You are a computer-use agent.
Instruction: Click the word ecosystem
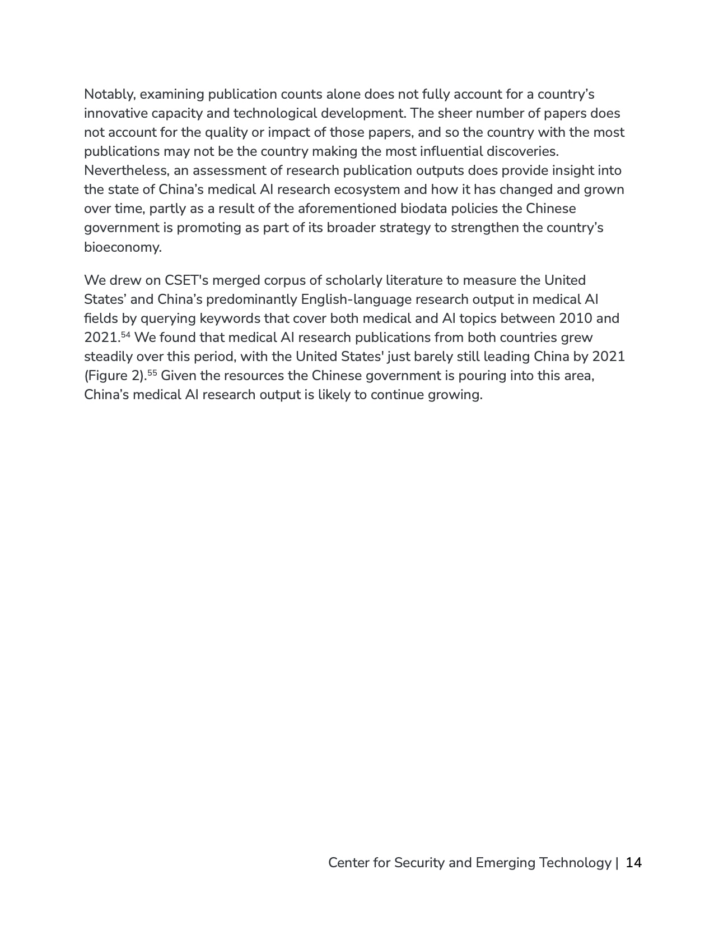click(x=365, y=189)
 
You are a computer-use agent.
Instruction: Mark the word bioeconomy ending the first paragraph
click(x=122, y=247)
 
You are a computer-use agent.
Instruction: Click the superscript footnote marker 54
click(x=126, y=335)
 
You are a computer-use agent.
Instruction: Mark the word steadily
click(x=108, y=357)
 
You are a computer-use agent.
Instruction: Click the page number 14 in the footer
click(x=633, y=863)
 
